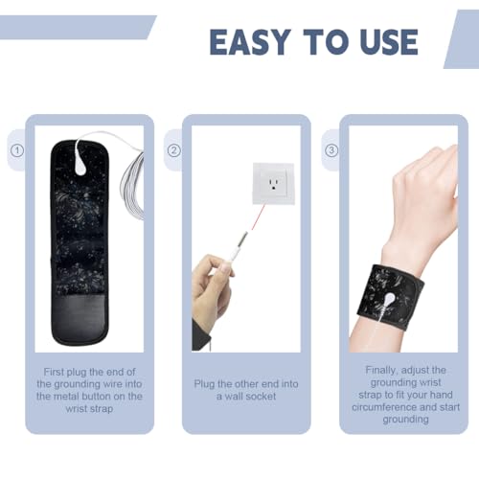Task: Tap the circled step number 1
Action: coord(16,150)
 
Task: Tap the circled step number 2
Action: coord(173,150)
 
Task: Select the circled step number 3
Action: coord(331,150)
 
